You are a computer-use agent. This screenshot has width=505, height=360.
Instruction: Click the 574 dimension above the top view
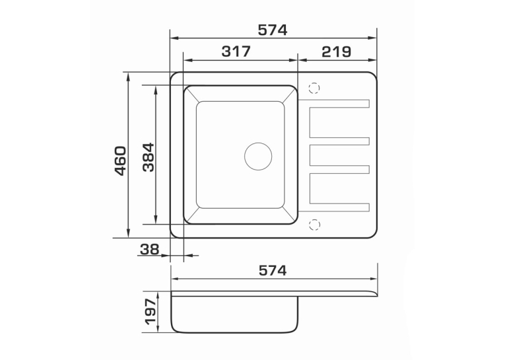point(272,30)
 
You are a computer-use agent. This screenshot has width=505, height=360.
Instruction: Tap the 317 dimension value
point(236,52)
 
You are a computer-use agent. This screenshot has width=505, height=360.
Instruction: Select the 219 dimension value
point(336,52)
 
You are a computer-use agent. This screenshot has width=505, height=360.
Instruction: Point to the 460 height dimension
point(121,161)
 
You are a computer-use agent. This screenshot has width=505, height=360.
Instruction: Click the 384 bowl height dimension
point(149,157)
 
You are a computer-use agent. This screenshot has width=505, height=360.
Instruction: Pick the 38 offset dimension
point(150,249)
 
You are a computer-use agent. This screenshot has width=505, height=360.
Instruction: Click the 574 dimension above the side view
point(273,271)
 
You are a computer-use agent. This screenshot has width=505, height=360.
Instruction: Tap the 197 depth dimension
point(151,312)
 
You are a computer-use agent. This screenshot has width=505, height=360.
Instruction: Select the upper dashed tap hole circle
point(314,88)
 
